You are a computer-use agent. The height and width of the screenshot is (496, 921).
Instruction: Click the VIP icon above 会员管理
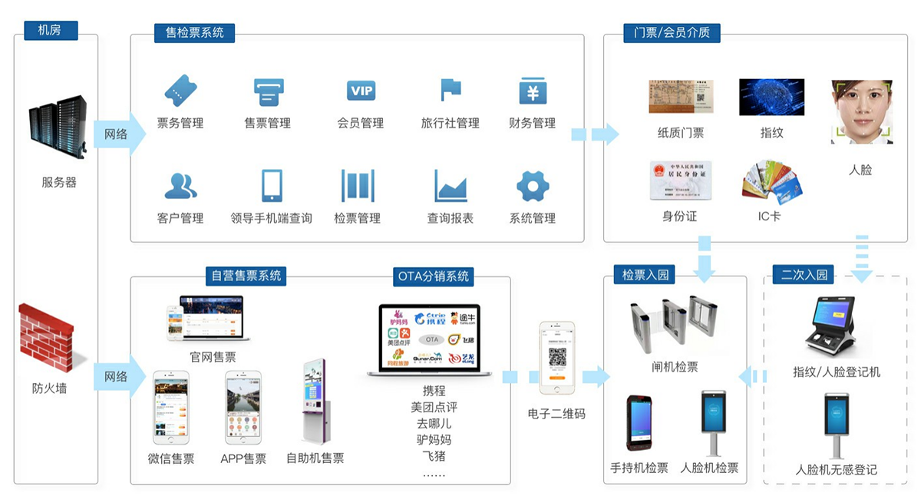361,91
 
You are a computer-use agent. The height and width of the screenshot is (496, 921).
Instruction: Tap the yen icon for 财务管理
532,91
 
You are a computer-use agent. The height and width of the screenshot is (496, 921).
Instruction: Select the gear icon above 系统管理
532,187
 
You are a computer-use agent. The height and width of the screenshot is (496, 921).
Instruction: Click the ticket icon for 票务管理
180,91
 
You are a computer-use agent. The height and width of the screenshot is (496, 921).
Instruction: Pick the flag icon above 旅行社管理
451,90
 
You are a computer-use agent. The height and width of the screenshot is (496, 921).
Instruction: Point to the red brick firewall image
48,337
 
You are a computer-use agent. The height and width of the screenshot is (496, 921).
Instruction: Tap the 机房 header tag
48,31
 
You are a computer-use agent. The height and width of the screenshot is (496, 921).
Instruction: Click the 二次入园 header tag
804,275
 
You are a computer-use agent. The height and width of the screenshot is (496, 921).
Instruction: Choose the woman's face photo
861,112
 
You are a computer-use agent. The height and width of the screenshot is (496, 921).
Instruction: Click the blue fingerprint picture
771,98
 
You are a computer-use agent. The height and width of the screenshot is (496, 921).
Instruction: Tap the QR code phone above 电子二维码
556,358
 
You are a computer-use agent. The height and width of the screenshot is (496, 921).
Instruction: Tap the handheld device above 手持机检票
639,422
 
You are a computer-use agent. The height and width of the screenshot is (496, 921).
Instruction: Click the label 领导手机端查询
271,218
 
